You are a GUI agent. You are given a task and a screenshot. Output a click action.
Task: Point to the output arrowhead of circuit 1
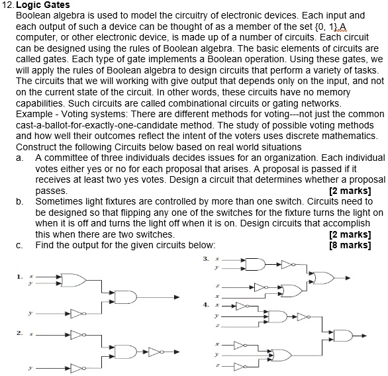click(x=175, y=297)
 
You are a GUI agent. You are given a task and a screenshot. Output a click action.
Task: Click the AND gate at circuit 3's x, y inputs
click(x=255, y=264)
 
